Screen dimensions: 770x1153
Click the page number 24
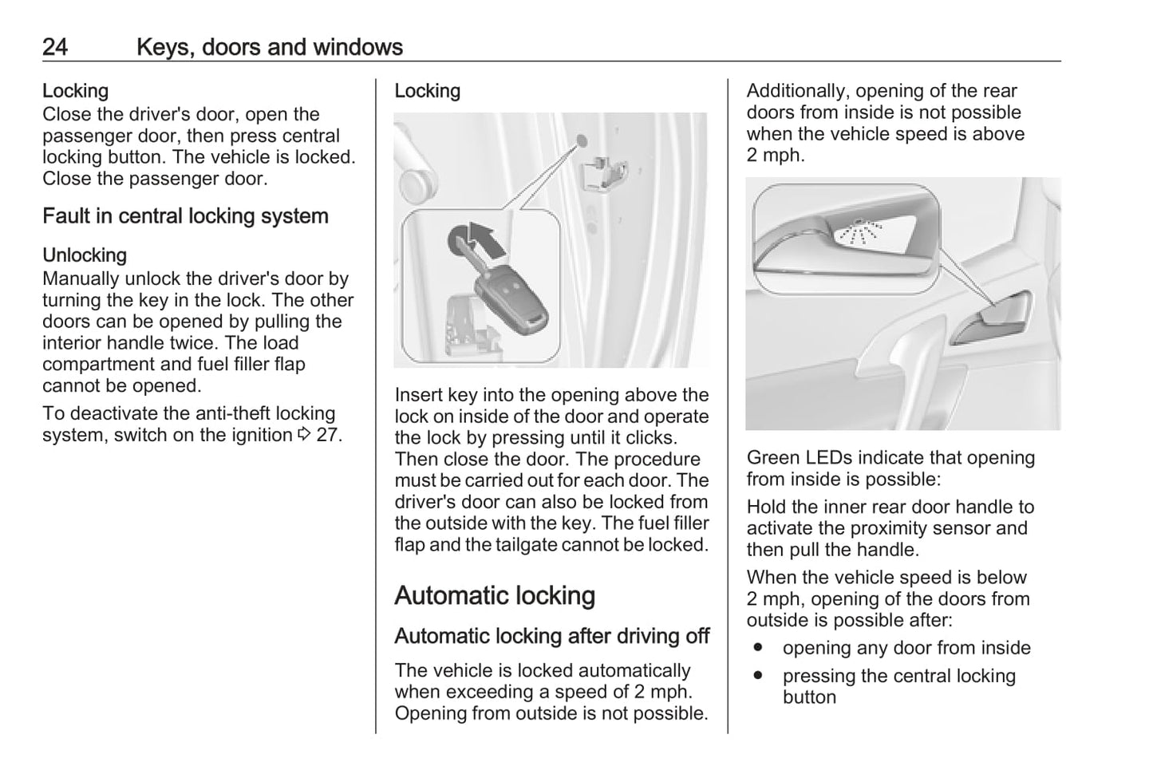click(x=55, y=47)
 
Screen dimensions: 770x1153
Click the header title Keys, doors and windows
click(x=269, y=47)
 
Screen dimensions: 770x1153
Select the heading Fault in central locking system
click(x=185, y=216)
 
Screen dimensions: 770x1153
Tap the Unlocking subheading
click(x=85, y=255)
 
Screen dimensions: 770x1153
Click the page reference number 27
click(x=329, y=436)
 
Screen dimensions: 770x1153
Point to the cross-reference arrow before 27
click(x=304, y=436)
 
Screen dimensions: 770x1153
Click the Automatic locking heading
click(x=495, y=596)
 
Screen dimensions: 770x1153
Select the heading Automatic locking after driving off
click(x=551, y=637)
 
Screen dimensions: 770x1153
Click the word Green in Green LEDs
click(x=773, y=458)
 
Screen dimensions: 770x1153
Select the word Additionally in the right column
click(x=797, y=91)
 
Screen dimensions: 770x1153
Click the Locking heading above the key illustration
click(x=428, y=91)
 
